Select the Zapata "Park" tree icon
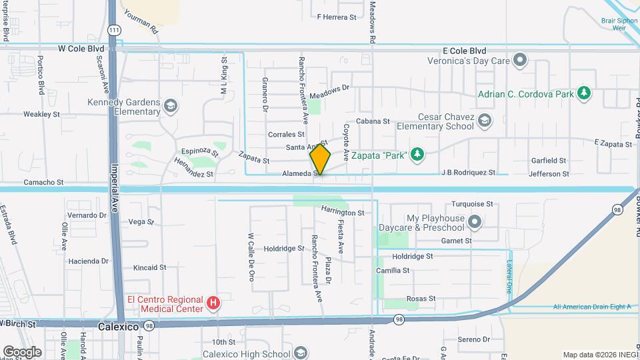417,155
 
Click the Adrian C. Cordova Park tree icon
584,93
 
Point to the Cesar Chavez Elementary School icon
485,121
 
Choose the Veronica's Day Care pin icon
521,61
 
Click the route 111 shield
115,30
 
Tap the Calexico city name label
117,327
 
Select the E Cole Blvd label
464,51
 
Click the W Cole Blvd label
81,49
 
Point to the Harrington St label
342,213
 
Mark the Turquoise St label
471,204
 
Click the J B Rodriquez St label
468,173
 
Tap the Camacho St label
43,181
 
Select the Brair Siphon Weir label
620,25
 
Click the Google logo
22,351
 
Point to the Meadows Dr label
329,89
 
